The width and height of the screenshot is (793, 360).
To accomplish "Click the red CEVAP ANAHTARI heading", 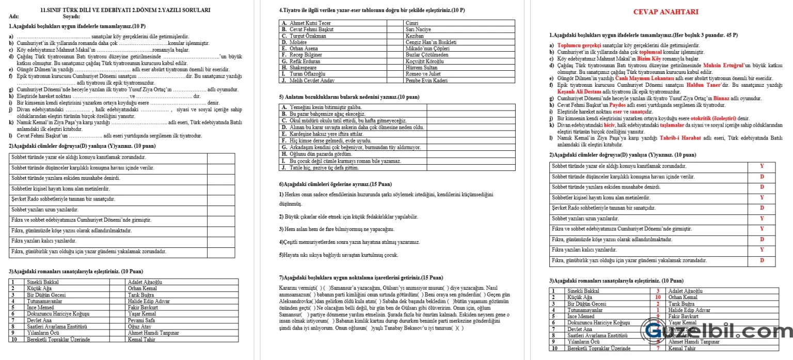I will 665,12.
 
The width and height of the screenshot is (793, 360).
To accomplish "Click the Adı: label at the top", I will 13,17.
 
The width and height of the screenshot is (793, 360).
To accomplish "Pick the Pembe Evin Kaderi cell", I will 426,81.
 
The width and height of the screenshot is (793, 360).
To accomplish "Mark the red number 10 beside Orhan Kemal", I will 658,298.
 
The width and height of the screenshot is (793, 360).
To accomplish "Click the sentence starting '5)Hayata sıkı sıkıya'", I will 338,255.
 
